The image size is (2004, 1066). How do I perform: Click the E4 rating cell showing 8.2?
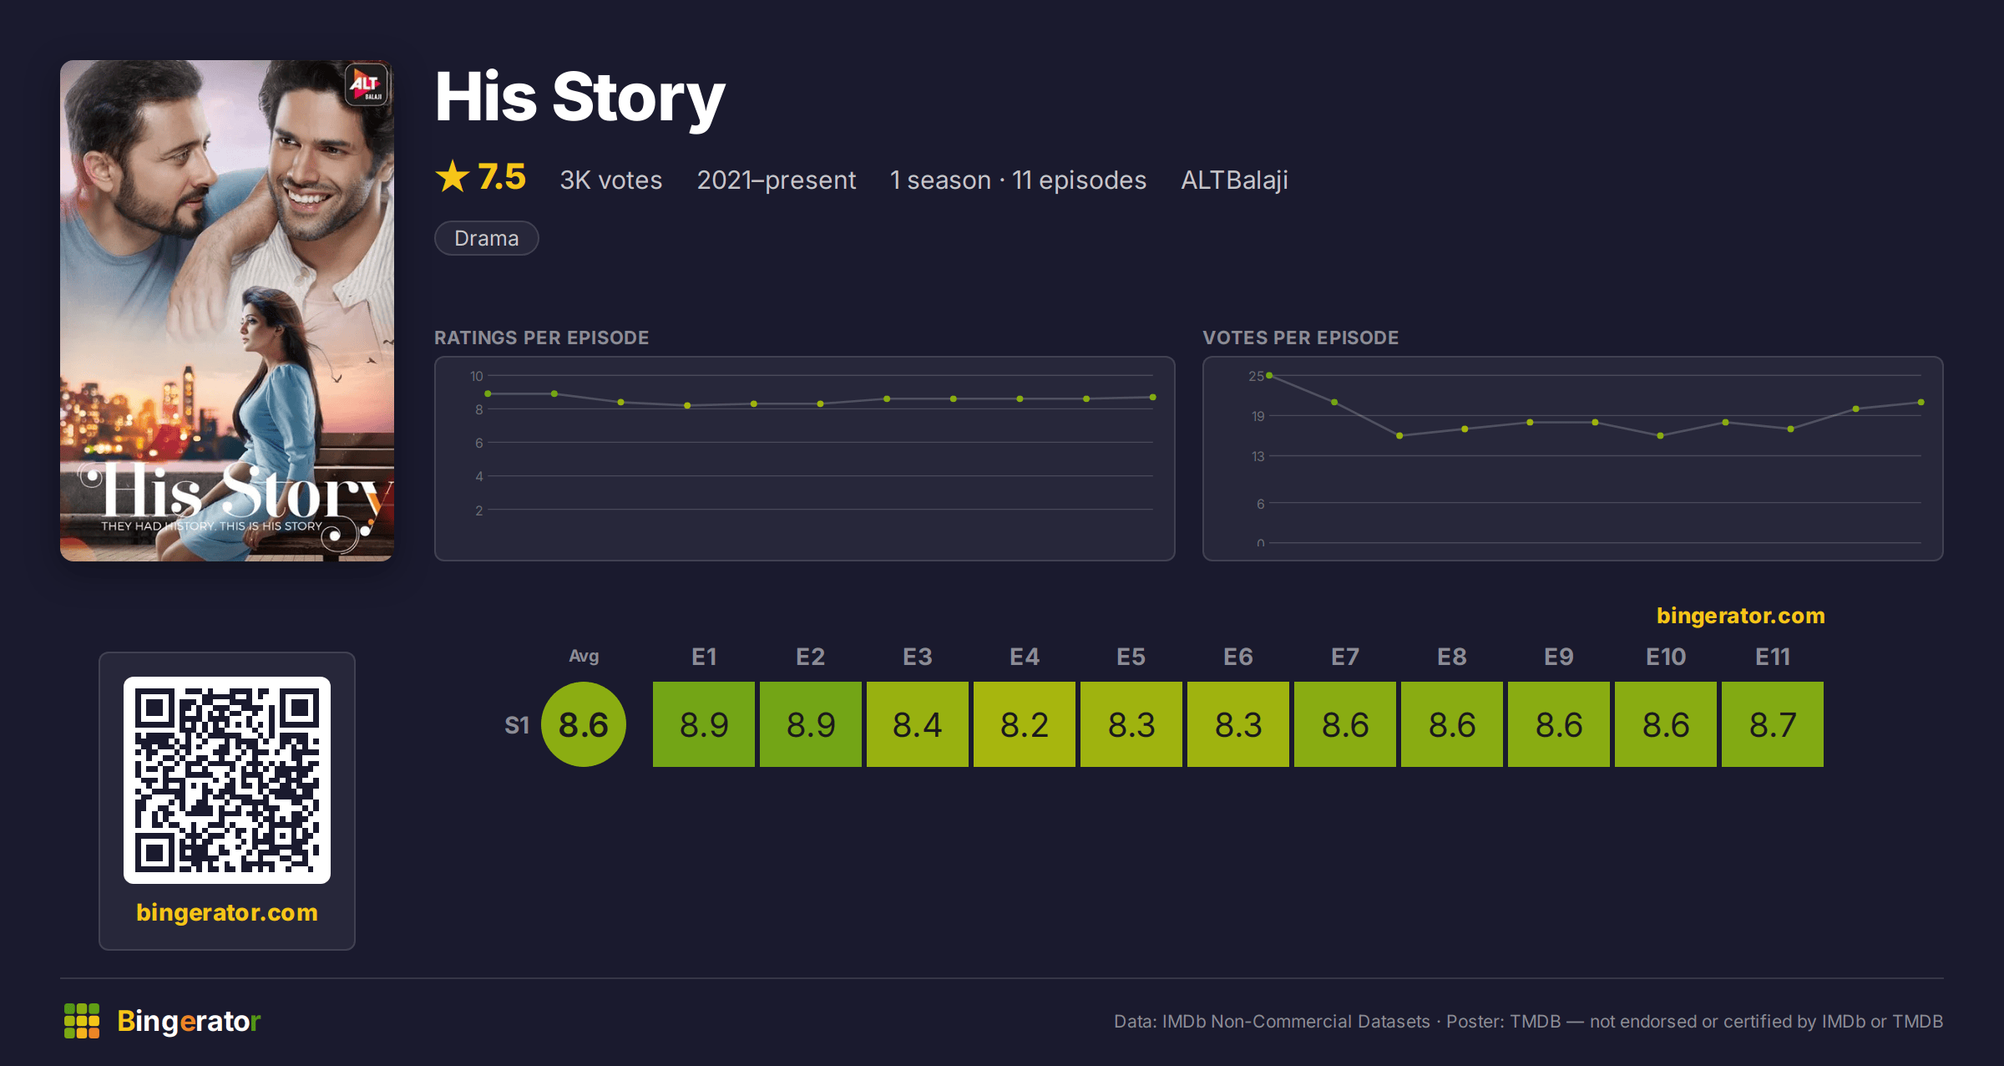point(1025,724)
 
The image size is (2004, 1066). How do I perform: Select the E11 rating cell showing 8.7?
point(1773,724)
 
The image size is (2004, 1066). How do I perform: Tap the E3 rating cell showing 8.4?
point(918,724)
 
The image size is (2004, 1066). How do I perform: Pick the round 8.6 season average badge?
point(584,724)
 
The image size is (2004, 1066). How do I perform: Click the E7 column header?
point(1345,657)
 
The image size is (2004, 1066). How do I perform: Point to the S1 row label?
point(517,725)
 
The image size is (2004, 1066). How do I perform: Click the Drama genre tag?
point(487,238)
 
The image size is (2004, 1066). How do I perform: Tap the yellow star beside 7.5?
point(453,176)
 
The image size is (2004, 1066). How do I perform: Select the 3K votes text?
point(611,180)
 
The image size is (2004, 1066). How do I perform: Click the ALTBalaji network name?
point(1234,180)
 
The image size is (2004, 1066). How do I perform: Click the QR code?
point(227,780)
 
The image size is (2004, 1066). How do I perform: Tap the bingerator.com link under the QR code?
point(227,912)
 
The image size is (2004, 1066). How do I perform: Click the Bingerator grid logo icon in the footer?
point(82,1021)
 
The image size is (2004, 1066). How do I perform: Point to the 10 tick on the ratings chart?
point(477,376)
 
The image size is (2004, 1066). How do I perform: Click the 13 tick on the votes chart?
point(1258,456)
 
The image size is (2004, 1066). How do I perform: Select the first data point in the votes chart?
point(1269,376)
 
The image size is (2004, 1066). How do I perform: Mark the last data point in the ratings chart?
point(1153,398)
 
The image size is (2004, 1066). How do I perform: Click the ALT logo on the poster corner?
point(367,84)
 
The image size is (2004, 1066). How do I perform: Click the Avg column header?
point(584,657)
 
